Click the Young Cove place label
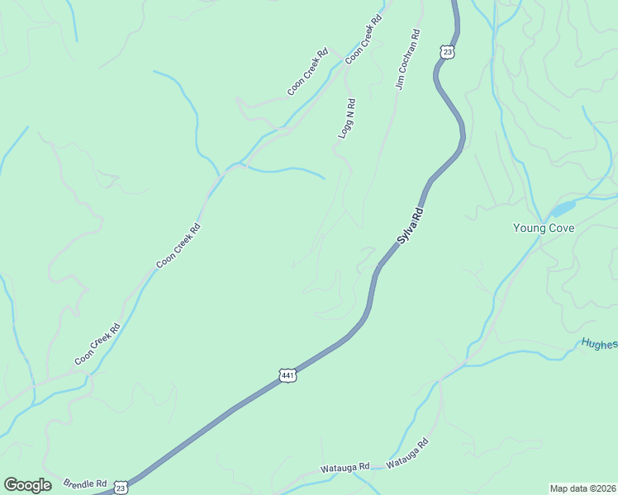click(543, 228)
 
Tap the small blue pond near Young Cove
click(563, 208)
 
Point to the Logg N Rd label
click(347, 118)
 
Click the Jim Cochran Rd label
click(408, 59)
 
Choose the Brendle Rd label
click(86, 483)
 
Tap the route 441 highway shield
click(288, 375)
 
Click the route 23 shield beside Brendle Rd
click(121, 488)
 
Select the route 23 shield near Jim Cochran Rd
click(447, 52)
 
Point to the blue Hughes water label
click(598, 344)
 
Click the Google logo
click(27, 485)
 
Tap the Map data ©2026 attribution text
click(582, 488)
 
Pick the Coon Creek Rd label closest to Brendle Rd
click(97, 344)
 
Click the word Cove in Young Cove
click(560, 228)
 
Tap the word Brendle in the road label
click(80, 483)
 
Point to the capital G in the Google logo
click(11, 485)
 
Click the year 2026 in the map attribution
click(602, 488)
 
